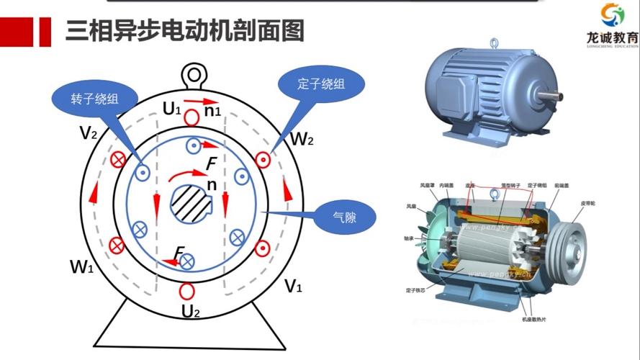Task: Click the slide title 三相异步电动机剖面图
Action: click(x=184, y=31)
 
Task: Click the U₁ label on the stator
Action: click(x=171, y=109)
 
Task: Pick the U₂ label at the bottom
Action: click(x=190, y=312)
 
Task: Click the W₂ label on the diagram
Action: click(x=301, y=139)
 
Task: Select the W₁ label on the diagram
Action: click(x=81, y=266)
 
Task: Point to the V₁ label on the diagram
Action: click(x=292, y=287)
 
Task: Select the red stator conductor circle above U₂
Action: click(x=188, y=292)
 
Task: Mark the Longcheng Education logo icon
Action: click(x=612, y=14)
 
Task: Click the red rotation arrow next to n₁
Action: click(x=199, y=101)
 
